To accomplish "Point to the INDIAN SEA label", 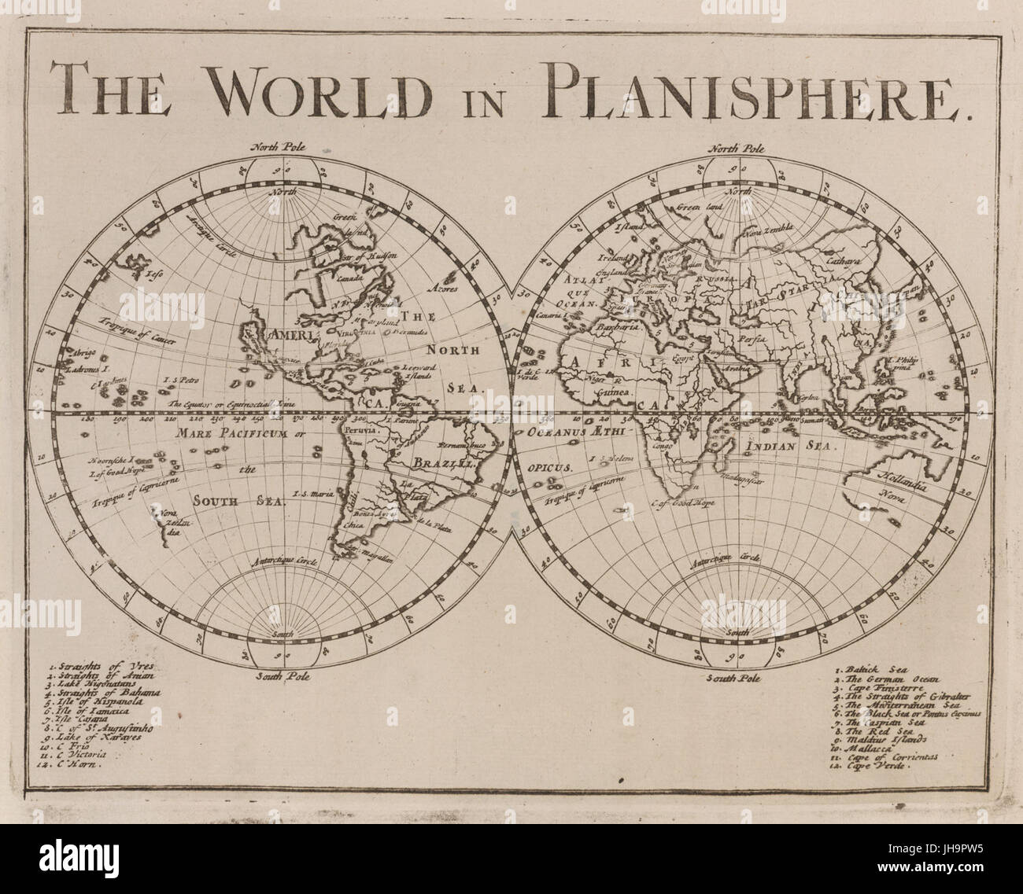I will [787, 445].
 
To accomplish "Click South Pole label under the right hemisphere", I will [736, 676].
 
